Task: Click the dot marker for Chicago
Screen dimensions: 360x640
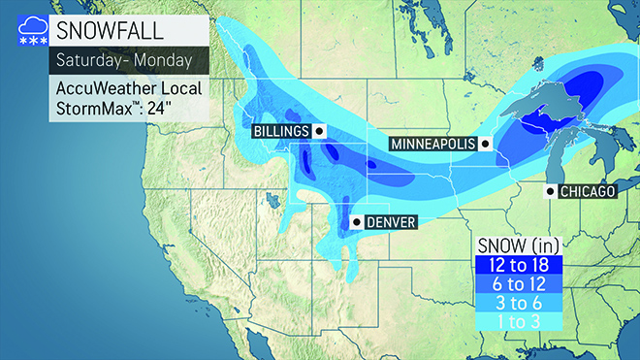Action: coord(551,191)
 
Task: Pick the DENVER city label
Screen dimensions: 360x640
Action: coord(392,222)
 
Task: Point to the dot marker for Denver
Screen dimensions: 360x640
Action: coord(355,222)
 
